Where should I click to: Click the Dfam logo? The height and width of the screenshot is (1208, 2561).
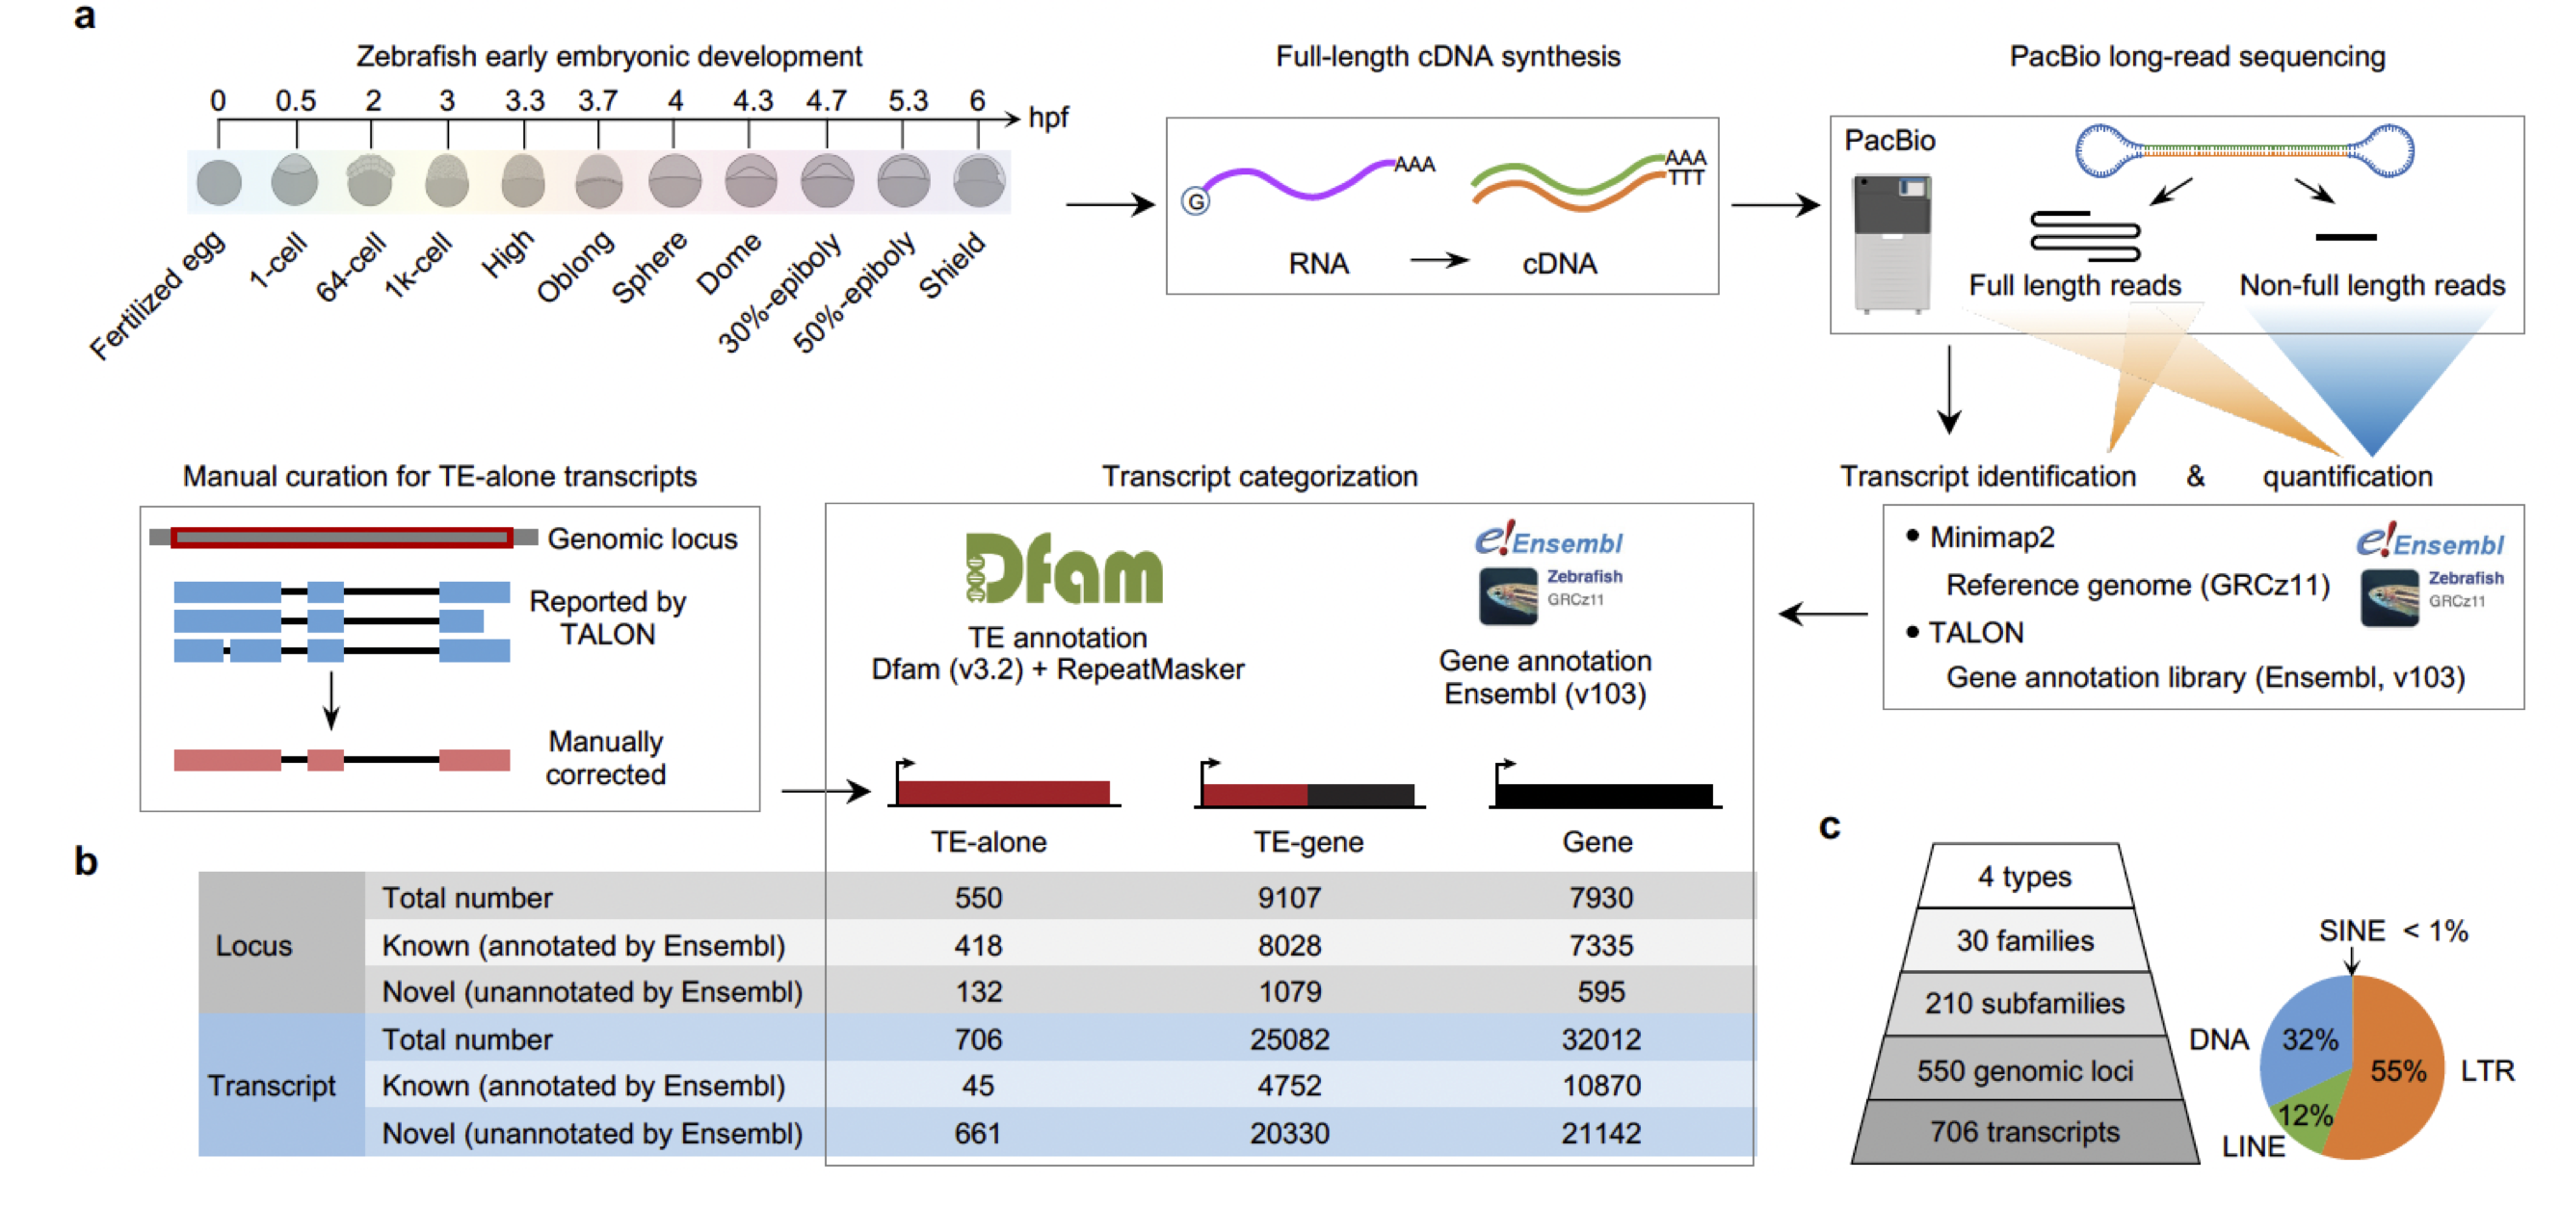(1063, 568)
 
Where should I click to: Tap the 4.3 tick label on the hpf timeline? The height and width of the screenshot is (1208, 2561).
(752, 100)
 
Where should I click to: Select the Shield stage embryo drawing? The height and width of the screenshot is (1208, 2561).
(979, 182)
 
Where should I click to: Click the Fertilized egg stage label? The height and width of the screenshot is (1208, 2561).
(157, 297)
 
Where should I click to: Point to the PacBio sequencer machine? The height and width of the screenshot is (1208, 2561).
(1891, 243)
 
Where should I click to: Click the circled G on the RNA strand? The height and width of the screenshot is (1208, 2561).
(1196, 202)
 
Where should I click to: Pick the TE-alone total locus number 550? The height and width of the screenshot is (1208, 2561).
(978, 898)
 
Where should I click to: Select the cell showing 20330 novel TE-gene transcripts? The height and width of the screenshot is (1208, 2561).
(1289, 1133)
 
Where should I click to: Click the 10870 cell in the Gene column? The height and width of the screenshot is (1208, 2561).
(1600, 1085)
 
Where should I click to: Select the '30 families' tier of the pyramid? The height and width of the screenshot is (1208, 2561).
(2025, 940)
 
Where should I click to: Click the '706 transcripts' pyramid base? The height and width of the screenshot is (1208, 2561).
(2025, 1132)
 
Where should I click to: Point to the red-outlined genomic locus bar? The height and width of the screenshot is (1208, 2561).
(342, 538)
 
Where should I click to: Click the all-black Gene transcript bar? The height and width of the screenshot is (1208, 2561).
(1604, 796)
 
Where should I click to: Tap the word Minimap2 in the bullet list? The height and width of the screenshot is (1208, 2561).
(1993, 537)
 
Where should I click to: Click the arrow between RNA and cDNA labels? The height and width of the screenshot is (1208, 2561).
(1439, 260)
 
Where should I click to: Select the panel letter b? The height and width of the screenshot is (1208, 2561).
(87, 861)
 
